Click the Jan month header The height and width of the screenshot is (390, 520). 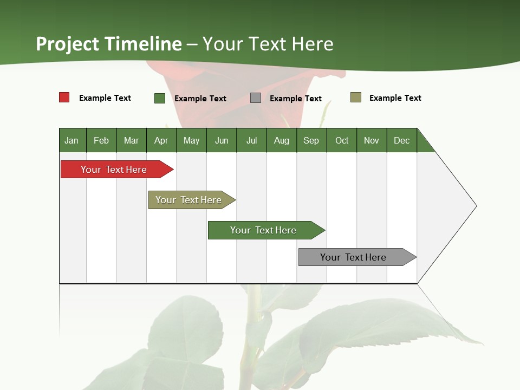72,140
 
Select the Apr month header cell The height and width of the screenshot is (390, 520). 161,140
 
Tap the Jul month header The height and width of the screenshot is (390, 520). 251,140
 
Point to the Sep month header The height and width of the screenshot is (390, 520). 311,140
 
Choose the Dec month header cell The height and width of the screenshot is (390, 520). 401,140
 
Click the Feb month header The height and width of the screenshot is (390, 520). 101,140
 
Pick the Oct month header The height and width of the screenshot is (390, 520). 342,140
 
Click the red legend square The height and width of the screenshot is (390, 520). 64,97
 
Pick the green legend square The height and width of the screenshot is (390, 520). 160,98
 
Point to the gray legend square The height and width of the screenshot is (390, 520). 256,98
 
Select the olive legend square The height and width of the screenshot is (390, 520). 356,97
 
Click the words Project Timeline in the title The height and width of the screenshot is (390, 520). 109,44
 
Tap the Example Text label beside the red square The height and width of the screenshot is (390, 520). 105,98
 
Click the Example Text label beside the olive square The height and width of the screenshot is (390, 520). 395,98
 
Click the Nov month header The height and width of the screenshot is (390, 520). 372,140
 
